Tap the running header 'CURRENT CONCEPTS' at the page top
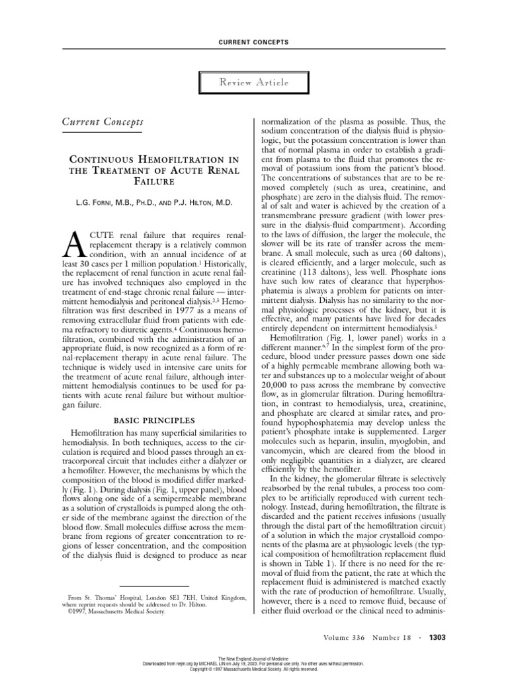[253, 42]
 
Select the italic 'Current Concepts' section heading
[103, 122]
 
